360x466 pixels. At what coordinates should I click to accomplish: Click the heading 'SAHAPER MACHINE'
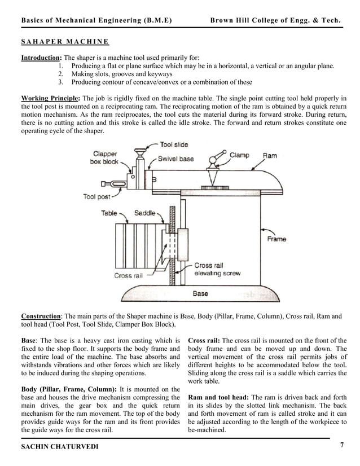click(x=65, y=42)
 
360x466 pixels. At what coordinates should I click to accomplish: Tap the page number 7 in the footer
click(x=342, y=445)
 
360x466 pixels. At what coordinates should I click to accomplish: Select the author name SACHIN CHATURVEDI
click(x=60, y=446)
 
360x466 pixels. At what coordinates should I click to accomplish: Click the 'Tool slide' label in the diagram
click(x=174, y=145)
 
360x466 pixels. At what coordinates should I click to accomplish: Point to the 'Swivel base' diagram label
click(x=175, y=159)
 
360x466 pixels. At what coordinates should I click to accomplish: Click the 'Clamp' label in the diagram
click(x=239, y=155)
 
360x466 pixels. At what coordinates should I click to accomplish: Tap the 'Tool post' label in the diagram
click(x=96, y=197)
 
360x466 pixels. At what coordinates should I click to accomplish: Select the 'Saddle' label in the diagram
click(x=145, y=213)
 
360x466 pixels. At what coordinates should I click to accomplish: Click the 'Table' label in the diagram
click(x=109, y=213)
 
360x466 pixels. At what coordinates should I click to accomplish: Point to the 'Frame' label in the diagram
click(x=276, y=239)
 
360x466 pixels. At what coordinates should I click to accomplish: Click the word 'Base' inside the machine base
click(x=200, y=293)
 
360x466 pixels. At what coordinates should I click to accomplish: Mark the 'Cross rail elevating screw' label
click(x=217, y=269)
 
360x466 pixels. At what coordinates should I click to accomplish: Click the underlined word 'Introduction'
click(x=41, y=58)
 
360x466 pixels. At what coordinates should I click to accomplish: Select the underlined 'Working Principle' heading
click(x=50, y=98)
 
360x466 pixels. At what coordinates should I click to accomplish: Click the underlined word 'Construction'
click(x=41, y=316)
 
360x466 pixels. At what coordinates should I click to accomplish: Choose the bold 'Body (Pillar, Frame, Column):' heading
click(x=69, y=389)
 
